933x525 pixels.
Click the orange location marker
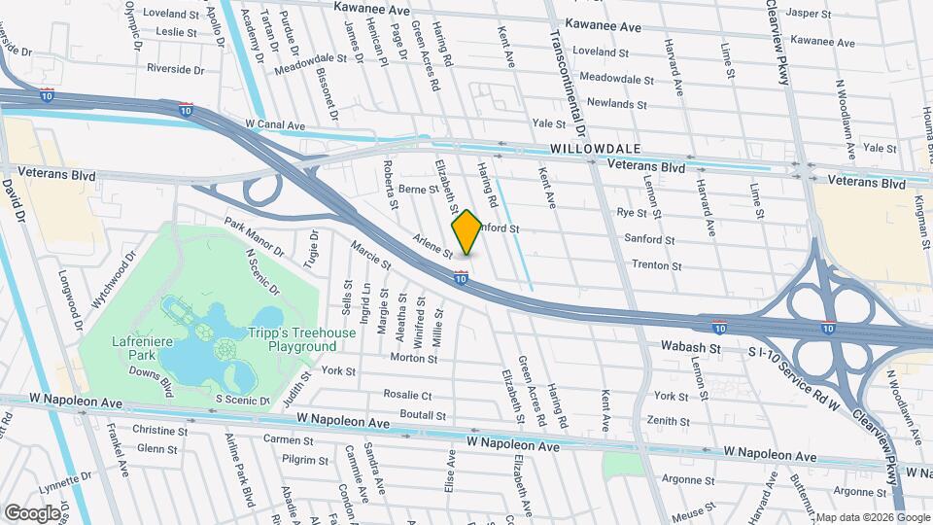pyautogui.click(x=466, y=232)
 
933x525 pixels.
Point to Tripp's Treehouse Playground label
pyautogui.click(x=302, y=338)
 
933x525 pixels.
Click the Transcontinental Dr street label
pyautogui.click(x=569, y=83)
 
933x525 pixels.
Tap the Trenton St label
pyautogui.click(x=652, y=264)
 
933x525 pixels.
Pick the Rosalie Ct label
pyautogui.click(x=407, y=396)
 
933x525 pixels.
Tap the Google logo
pyautogui.click(x=33, y=512)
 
